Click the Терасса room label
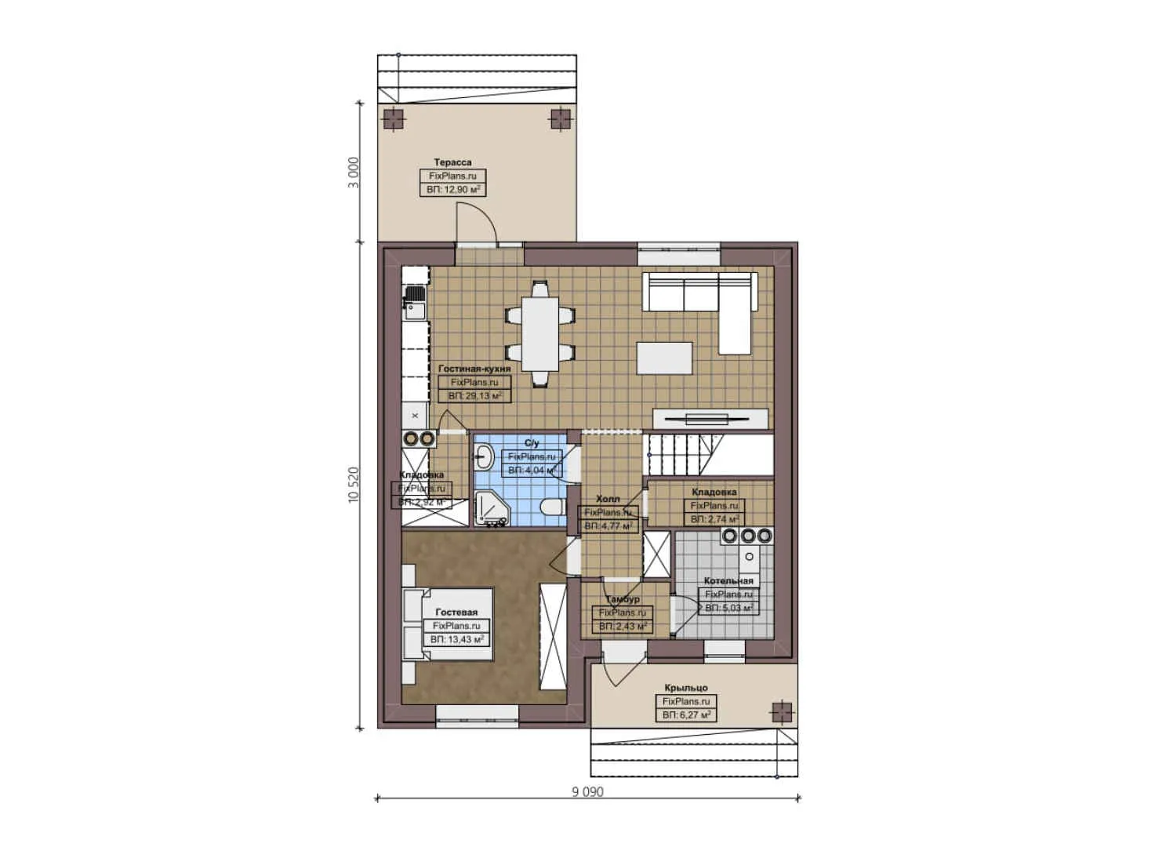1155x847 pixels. coord(452,162)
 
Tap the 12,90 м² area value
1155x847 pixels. coord(453,190)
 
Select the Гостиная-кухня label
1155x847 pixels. coord(474,368)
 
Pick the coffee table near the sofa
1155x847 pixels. coord(664,358)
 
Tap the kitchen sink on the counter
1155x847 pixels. coord(415,303)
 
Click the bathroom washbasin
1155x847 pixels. coord(484,456)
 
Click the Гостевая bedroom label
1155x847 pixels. coord(456,612)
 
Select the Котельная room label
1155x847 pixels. coord(728,581)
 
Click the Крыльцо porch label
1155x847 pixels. coord(685,688)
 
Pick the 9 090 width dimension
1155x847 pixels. coord(587,791)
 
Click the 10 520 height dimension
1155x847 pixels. coord(353,485)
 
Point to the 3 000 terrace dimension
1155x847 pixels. coord(353,173)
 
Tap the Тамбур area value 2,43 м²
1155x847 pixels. coord(623,627)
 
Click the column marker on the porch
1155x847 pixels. coord(781,711)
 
